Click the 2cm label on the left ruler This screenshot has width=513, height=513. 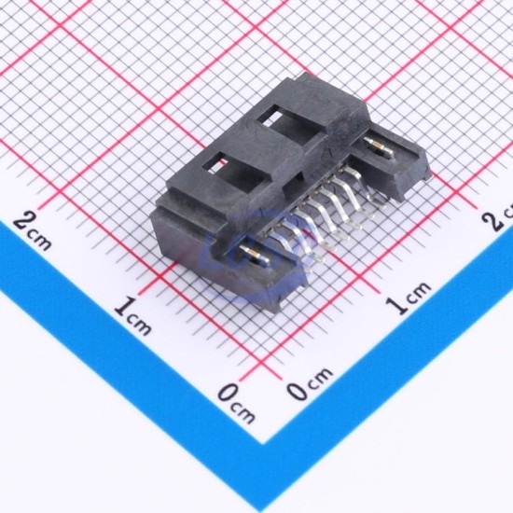tap(32, 230)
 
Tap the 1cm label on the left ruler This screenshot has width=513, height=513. tap(132, 315)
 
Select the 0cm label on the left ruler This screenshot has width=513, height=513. tap(236, 403)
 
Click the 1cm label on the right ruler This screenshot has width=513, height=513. tap(408, 298)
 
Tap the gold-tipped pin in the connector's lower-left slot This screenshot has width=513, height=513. tap(255, 255)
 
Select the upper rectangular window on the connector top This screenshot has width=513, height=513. tap(288, 124)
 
